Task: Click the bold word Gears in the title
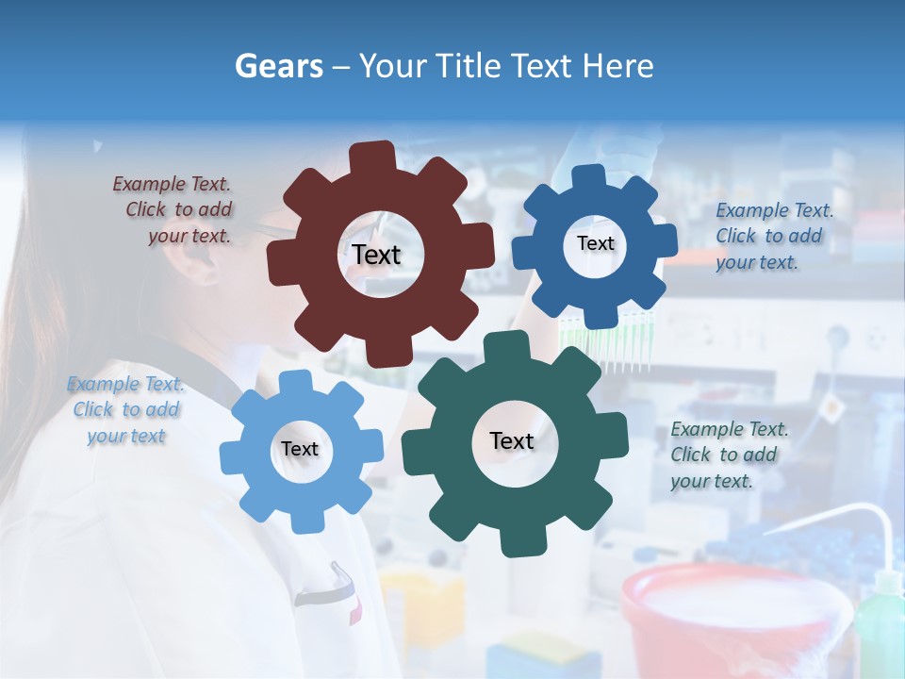pyautogui.click(x=277, y=66)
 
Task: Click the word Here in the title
pyautogui.click(x=617, y=66)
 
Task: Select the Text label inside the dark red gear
pyautogui.click(x=376, y=255)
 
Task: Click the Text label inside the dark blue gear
pyautogui.click(x=595, y=243)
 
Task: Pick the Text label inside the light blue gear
pyautogui.click(x=299, y=449)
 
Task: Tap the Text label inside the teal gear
pyautogui.click(x=512, y=441)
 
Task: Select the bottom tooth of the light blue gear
pyautogui.click(x=303, y=521)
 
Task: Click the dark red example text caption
pyautogui.click(x=175, y=209)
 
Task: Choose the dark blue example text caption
pyautogui.click(x=772, y=236)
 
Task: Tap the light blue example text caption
pyautogui.click(x=126, y=409)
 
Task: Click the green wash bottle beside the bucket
pyautogui.click(x=880, y=622)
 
